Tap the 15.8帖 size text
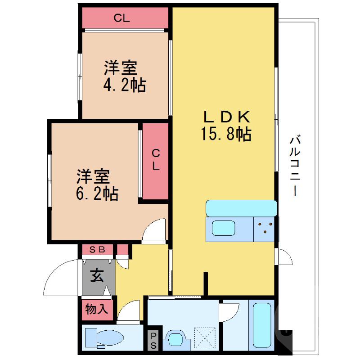click(x=226, y=134)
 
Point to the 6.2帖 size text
click(x=97, y=193)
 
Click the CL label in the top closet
click(x=121, y=18)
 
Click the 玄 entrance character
click(x=97, y=274)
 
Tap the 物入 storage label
click(x=97, y=309)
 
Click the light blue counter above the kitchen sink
click(x=241, y=208)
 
